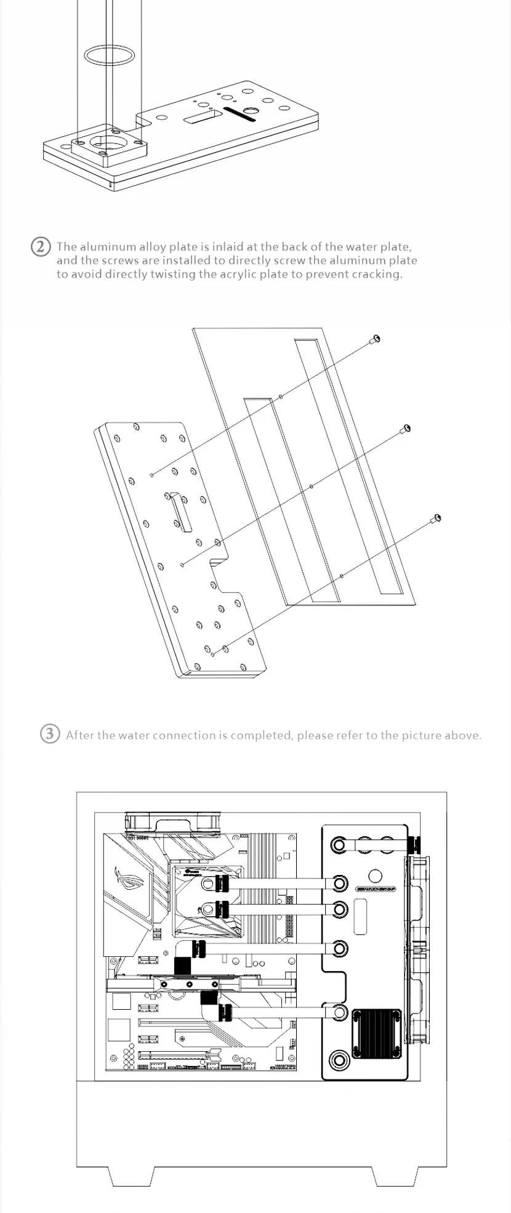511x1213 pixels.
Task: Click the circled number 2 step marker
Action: (41, 247)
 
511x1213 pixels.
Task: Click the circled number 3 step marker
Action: (50, 734)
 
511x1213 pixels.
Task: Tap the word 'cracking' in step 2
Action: (377, 274)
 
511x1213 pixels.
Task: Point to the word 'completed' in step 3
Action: (261, 735)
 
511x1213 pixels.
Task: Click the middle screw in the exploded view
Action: (405, 429)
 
